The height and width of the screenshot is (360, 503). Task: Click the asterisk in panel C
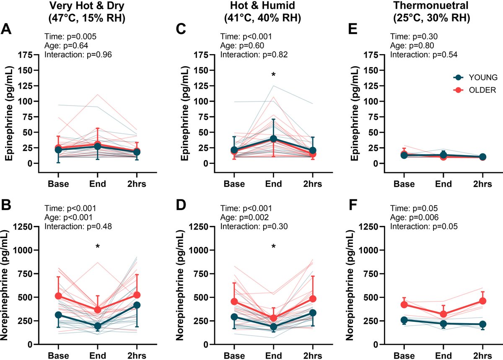[x=273, y=75]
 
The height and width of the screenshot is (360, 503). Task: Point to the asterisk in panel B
[x=97, y=247]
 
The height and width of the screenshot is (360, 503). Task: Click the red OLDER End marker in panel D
[x=273, y=318]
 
